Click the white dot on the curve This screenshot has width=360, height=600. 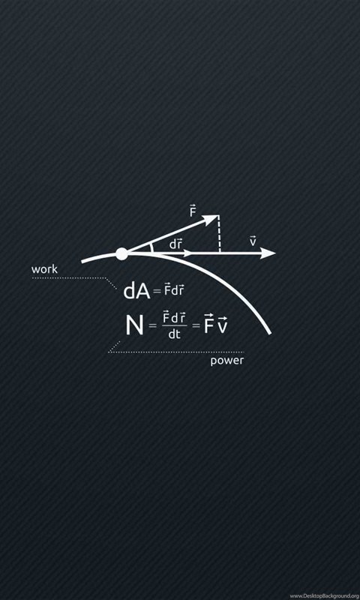pos(121,253)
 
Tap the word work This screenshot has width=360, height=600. pos(44,269)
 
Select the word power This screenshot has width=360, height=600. pos(226,361)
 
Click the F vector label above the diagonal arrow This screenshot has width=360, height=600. pos(193,211)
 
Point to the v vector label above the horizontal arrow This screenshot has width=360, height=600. pos(253,241)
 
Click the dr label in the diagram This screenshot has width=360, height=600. pos(175,244)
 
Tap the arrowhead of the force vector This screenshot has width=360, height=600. pos(211,220)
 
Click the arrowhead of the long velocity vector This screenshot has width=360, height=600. pos(268,253)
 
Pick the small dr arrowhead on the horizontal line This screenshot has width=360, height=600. pos(187,253)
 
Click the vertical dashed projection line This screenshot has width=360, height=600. pos(219,234)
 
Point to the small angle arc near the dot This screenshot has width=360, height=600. pos(152,247)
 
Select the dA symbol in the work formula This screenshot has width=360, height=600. pos(136,292)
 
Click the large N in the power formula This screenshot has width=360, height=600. pos(134,325)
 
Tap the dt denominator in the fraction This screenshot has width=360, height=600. pos(175,334)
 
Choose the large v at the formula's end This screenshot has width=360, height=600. pos(222,325)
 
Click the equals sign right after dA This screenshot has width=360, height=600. pos(157,292)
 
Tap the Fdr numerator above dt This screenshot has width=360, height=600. pos(175,317)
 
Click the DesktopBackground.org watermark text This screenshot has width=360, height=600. pos(325,596)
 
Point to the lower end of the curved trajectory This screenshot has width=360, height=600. pos(270,334)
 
